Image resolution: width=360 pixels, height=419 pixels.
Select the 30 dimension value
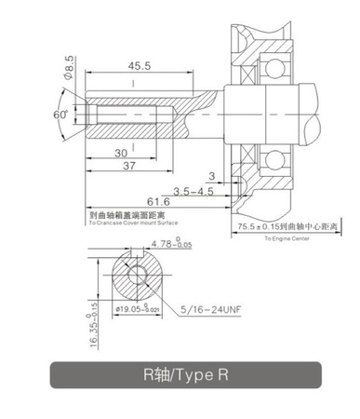point(122,153)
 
